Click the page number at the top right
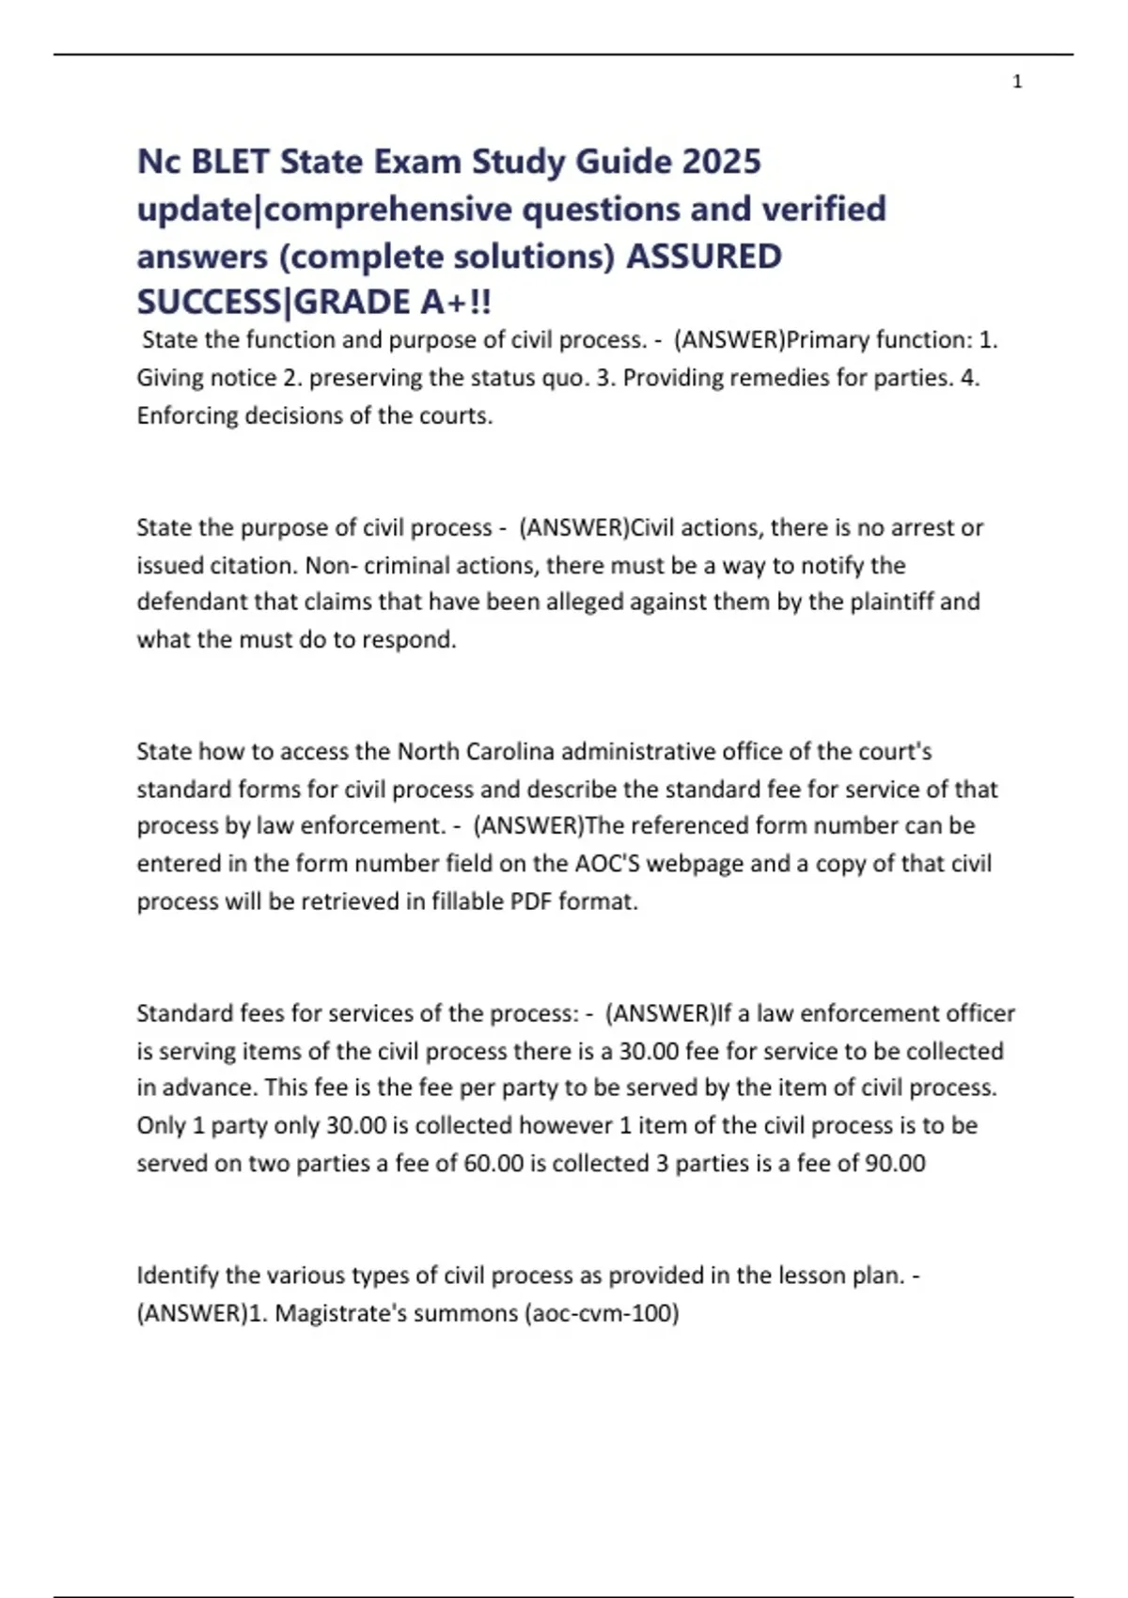pyautogui.click(x=1017, y=82)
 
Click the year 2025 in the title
pyautogui.click(x=721, y=162)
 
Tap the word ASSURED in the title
pyautogui.click(x=704, y=257)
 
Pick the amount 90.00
pyautogui.click(x=895, y=1163)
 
